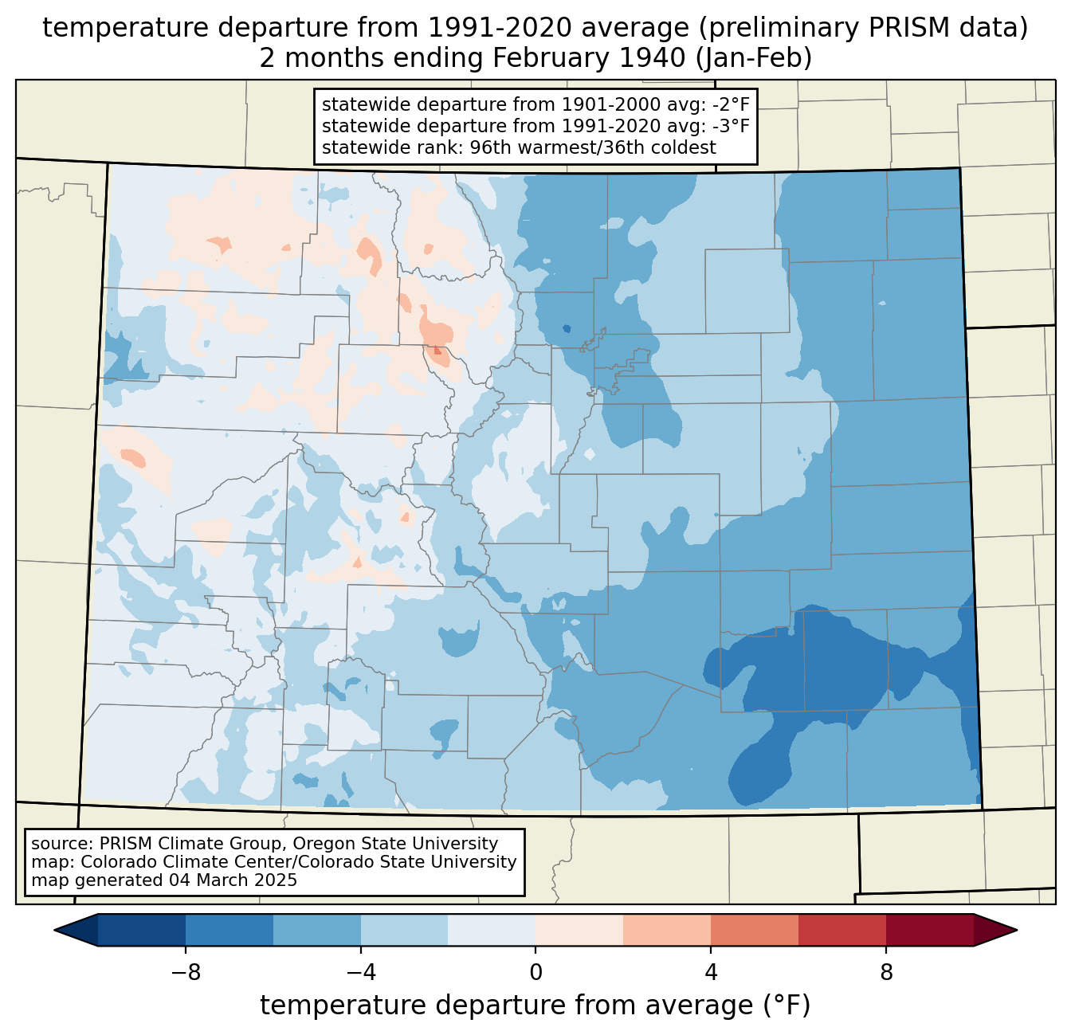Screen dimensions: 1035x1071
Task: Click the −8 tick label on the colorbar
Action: pyautogui.click(x=185, y=972)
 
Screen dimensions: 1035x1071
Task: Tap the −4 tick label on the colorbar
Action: pyautogui.click(x=360, y=972)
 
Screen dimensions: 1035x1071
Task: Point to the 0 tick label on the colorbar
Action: pyautogui.click(x=535, y=972)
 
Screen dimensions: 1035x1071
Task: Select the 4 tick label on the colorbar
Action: pyautogui.click(x=711, y=972)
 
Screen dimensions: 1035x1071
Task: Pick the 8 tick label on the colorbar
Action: pyautogui.click(x=886, y=972)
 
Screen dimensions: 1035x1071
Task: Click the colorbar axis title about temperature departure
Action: pyautogui.click(x=535, y=1006)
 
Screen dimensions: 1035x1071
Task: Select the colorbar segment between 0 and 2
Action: pyautogui.click(x=579, y=930)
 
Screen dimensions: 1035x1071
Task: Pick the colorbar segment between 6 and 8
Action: pyautogui.click(x=842, y=930)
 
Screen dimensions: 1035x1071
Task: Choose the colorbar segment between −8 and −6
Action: pyautogui.click(x=229, y=930)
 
